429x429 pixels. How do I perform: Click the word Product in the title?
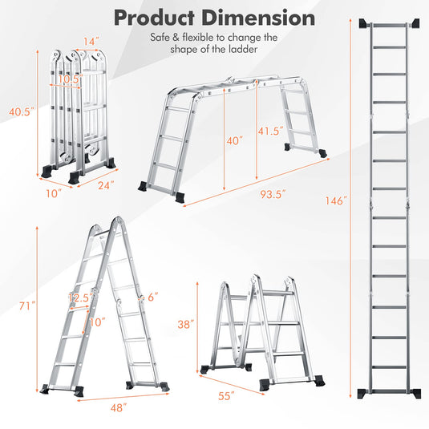154,18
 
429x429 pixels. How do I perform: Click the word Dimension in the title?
258,18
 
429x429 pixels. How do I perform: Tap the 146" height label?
336,200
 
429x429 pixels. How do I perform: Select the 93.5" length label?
273,194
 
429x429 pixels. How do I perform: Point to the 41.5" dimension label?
270,131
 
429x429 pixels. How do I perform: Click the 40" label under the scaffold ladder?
234,140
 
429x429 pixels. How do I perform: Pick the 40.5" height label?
22,111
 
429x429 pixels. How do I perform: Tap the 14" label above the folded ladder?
91,42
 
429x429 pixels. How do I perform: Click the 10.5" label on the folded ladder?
70,79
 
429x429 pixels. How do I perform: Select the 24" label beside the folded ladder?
106,185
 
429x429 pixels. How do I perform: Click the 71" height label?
27,306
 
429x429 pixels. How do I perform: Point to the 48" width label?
119,407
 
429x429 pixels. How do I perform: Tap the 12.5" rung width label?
81,297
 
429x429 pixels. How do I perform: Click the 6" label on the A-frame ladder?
153,297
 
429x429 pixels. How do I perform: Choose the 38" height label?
186,324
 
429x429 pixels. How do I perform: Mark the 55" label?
226,395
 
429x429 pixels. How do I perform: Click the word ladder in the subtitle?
244,49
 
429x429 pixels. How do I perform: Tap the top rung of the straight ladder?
390,26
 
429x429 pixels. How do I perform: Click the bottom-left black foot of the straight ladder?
363,394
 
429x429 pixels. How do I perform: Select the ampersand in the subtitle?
176,38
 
